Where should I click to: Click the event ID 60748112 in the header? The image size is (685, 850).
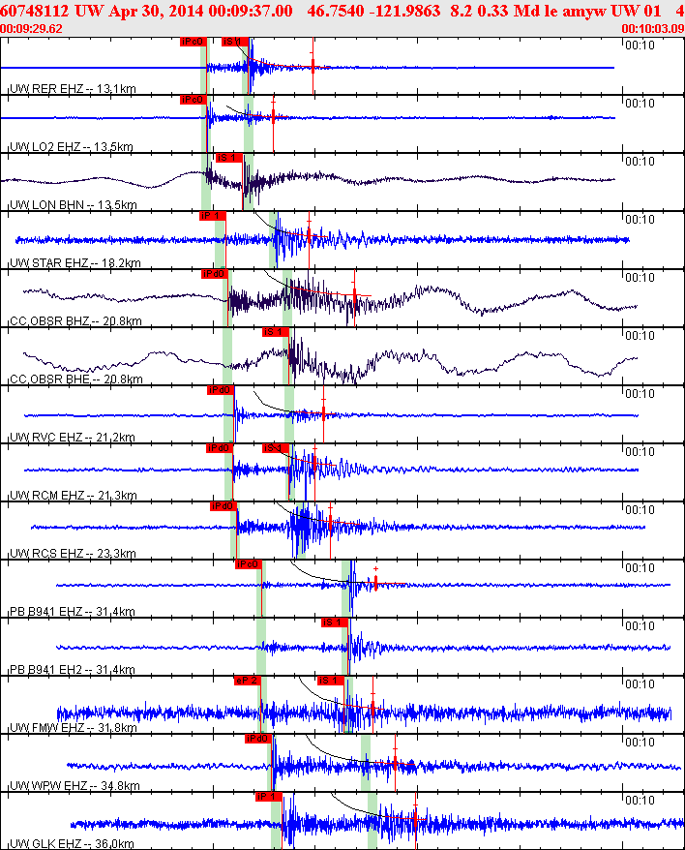click(x=32, y=11)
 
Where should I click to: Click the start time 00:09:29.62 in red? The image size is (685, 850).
click(x=32, y=28)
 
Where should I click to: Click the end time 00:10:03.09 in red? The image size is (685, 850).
click(x=655, y=28)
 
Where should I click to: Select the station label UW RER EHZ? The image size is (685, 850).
click(x=45, y=89)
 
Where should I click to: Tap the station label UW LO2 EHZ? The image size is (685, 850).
click(x=45, y=147)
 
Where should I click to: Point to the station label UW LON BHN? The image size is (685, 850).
click(x=45, y=205)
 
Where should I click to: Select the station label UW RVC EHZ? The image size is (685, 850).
click(x=45, y=438)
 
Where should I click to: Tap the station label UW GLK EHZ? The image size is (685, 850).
click(x=45, y=844)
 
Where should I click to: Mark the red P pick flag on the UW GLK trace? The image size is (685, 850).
click(x=268, y=797)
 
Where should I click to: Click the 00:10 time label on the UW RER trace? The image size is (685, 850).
click(x=639, y=45)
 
